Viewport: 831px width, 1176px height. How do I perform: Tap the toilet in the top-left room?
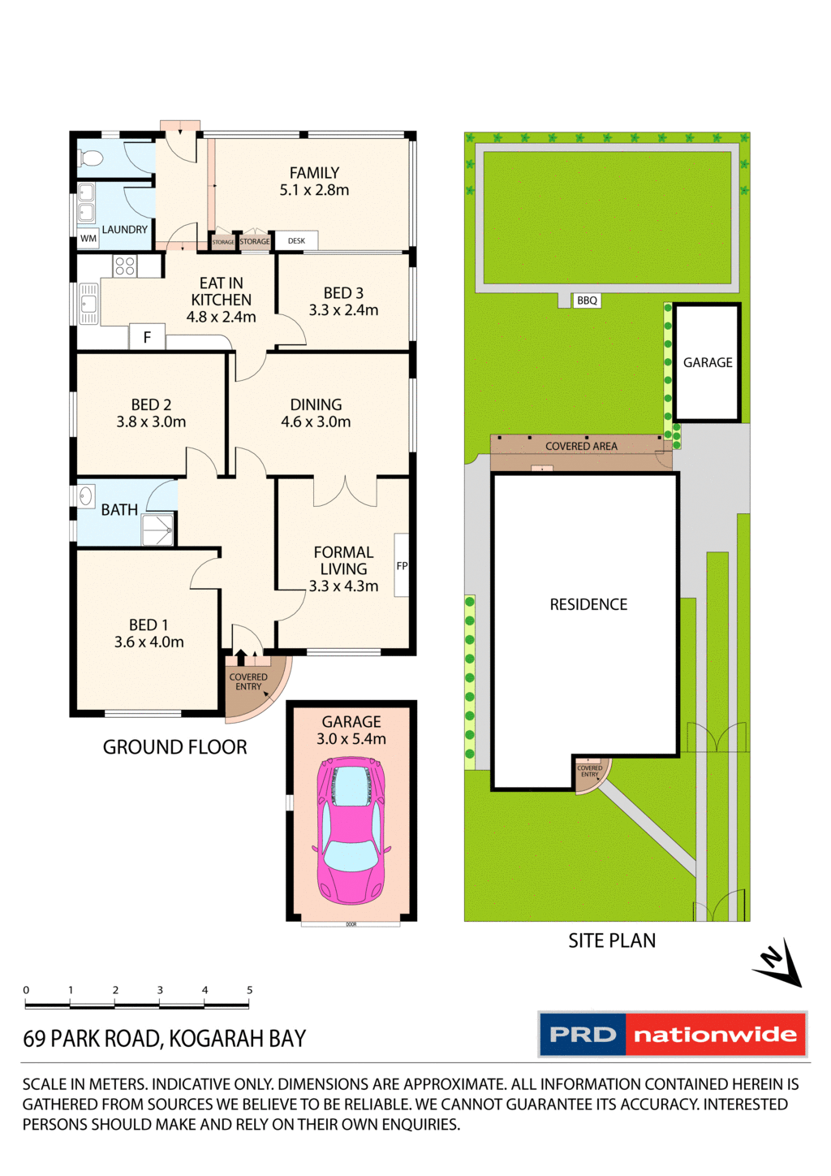pyautogui.click(x=92, y=157)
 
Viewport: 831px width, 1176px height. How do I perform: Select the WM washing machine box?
pyautogui.click(x=88, y=238)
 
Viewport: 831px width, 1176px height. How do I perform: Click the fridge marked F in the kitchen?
pyautogui.click(x=147, y=337)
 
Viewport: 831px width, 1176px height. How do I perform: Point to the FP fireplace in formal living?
pyautogui.click(x=402, y=566)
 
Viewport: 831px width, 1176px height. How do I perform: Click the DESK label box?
pyautogui.click(x=296, y=240)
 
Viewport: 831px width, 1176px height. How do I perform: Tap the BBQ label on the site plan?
pyautogui.click(x=587, y=300)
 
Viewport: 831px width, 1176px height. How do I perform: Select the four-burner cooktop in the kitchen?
pyautogui.click(x=125, y=266)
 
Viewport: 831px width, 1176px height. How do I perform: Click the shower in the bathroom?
pyautogui.click(x=157, y=530)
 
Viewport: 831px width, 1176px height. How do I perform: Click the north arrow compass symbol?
pyautogui.click(x=778, y=964)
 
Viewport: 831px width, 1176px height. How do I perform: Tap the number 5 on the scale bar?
pyautogui.click(x=249, y=990)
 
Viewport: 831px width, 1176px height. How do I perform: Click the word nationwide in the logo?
pyautogui.click(x=715, y=1035)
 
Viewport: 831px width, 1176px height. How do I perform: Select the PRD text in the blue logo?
pyautogui.click(x=583, y=1035)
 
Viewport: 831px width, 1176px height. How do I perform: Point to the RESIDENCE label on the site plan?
pyautogui.click(x=588, y=604)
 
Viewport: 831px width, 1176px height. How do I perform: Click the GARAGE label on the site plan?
pyautogui.click(x=708, y=362)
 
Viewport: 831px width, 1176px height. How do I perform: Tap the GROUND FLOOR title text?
pyautogui.click(x=174, y=747)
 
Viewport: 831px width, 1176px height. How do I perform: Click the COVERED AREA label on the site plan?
pyautogui.click(x=581, y=446)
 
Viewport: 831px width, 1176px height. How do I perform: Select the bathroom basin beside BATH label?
pyautogui.click(x=86, y=495)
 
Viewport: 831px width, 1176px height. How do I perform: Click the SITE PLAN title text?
pyautogui.click(x=612, y=940)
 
